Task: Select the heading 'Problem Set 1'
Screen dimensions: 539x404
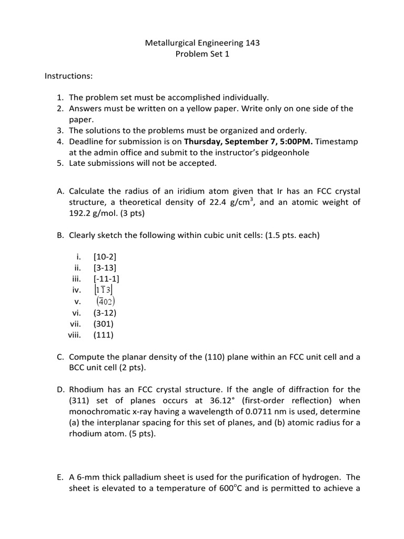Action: [203, 54]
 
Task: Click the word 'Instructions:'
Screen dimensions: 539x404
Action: [68, 76]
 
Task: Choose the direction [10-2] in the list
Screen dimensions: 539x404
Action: [105, 257]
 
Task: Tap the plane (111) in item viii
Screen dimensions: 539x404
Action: [104, 334]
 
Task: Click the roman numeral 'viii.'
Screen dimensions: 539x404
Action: [75, 334]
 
